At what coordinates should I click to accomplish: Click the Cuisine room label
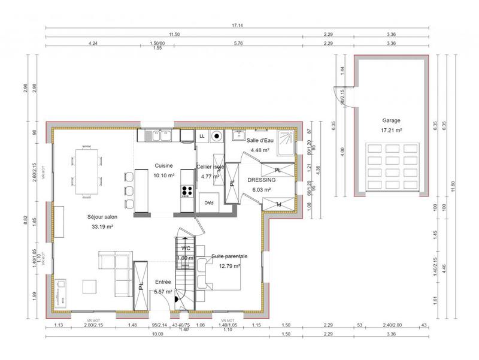click(163, 166)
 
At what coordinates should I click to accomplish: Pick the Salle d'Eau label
click(261, 141)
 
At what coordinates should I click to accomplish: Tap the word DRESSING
click(262, 180)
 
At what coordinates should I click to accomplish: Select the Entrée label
click(163, 282)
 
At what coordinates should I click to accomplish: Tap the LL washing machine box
click(202, 137)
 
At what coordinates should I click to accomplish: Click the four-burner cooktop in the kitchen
click(186, 192)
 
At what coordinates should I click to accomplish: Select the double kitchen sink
click(159, 136)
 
